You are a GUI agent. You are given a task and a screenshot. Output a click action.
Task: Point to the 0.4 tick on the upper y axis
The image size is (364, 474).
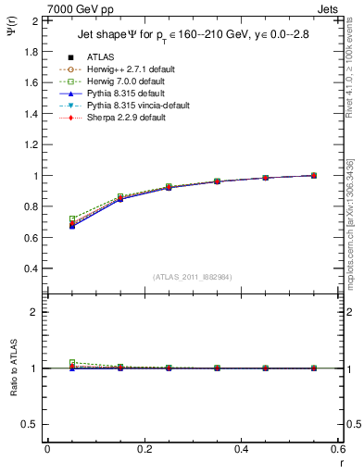30,268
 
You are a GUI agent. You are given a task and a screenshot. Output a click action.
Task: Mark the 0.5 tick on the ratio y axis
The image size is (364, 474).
30,424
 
